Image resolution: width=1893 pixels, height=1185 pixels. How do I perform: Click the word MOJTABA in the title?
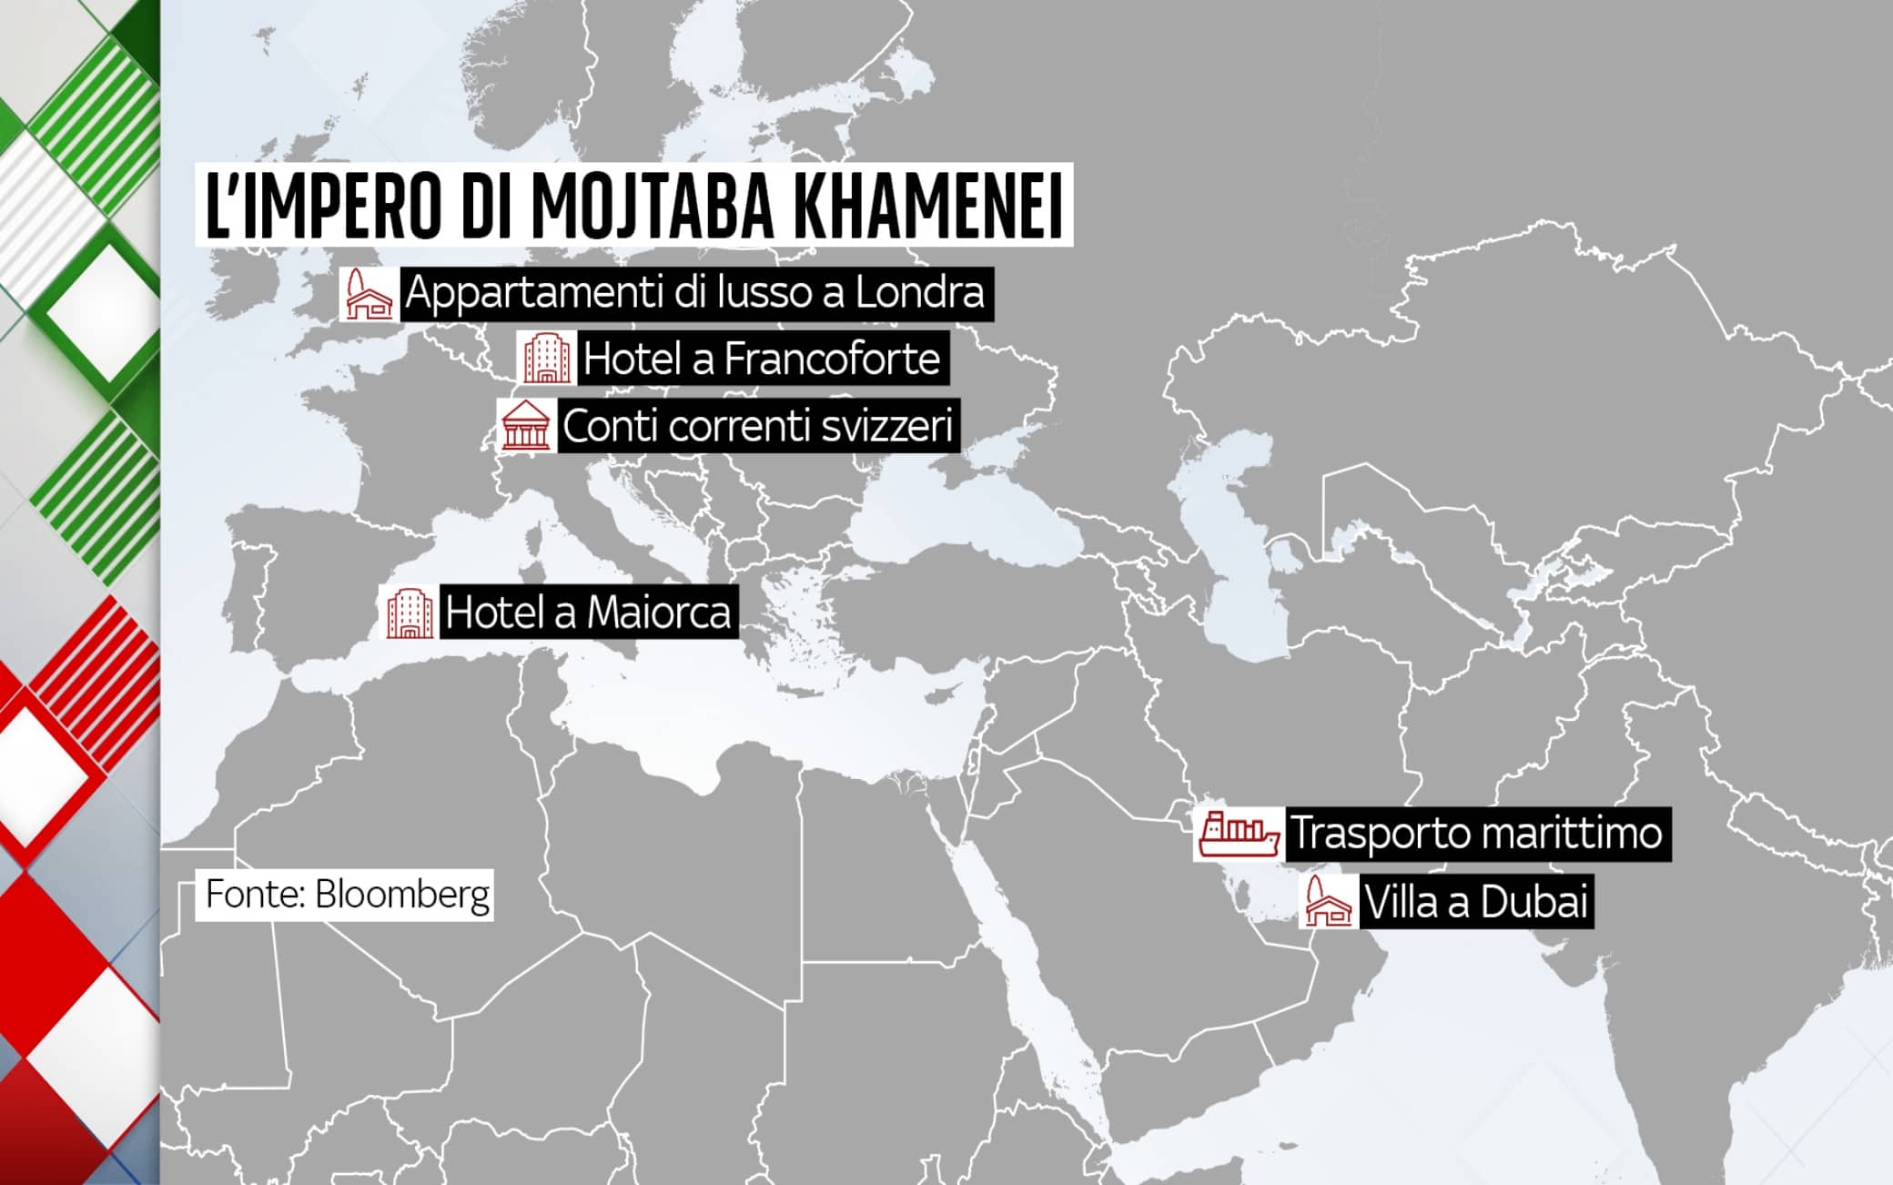(x=653, y=206)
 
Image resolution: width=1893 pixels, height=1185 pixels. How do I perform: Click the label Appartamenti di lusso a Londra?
(x=695, y=293)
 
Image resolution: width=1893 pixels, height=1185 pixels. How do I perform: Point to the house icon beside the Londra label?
(x=368, y=294)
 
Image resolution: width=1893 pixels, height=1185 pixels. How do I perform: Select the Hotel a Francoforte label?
(x=761, y=359)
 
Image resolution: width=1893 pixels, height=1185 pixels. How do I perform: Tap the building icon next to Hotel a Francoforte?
(x=546, y=358)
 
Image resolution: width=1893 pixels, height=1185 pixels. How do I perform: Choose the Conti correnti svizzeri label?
(x=757, y=426)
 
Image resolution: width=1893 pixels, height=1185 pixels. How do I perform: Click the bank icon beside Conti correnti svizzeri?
(x=526, y=425)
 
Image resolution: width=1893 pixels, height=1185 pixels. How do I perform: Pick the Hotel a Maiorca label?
(x=588, y=613)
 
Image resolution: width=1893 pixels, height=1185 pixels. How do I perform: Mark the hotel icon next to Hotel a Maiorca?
(x=410, y=613)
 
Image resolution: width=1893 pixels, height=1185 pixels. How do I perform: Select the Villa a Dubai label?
(x=1475, y=902)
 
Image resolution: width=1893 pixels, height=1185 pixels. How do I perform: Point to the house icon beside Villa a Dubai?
(x=1327, y=902)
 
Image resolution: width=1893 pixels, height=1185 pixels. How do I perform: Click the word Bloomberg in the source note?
(x=402, y=895)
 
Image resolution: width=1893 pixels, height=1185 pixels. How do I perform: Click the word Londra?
(x=919, y=293)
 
